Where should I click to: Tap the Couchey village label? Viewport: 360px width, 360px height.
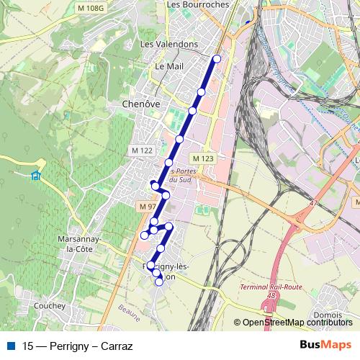(49, 306)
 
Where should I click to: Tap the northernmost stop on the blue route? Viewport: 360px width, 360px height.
(217, 58)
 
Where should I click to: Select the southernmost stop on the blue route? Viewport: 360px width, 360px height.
(159, 282)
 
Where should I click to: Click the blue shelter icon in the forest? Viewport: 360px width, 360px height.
(36, 175)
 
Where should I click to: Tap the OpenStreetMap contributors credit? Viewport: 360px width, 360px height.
(295, 323)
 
